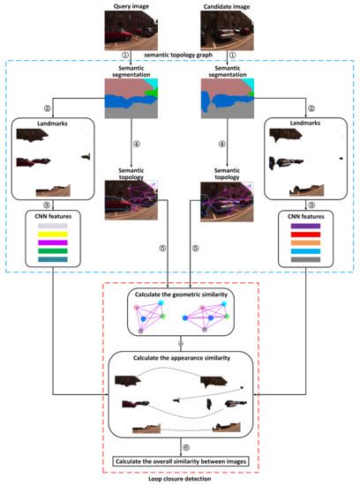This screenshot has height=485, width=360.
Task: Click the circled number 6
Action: pos(181,444)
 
